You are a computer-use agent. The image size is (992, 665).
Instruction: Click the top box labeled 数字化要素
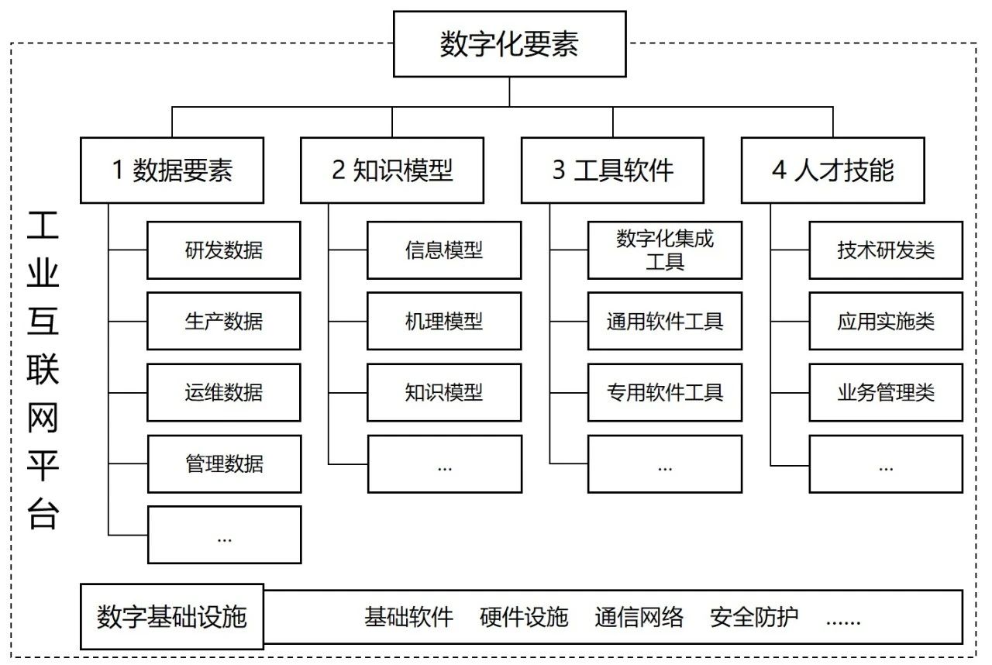tap(509, 44)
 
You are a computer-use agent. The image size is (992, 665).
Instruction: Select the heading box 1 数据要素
tap(172, 171)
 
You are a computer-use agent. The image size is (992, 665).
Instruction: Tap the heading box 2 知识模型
tap(392, 171)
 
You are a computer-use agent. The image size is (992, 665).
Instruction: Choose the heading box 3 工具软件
tap(612, 171)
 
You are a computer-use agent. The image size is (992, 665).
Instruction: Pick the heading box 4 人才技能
tap(832, 171)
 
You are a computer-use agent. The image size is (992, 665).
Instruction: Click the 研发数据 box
tap(224, 250)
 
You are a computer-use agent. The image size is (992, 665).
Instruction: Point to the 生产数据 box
tap(224, 321)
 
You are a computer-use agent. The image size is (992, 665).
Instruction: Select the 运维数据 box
tap(224, 392)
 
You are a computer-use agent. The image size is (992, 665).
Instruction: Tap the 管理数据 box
tap(224, 463)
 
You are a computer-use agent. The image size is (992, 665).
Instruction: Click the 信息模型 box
tap(444, 250)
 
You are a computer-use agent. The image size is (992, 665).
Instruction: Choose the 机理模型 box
tap(444, 321)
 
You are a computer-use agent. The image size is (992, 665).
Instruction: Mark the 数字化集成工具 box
tap(664, 250)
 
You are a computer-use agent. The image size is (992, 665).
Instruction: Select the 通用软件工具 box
tap(664, 321)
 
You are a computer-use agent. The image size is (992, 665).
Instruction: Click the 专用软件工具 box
tap(664, 392)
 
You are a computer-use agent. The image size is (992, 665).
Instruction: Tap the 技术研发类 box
tap(886, 250)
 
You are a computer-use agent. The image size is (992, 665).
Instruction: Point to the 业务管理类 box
tap(886, 392)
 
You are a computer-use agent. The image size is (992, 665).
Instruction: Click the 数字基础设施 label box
tap(172, 617)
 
